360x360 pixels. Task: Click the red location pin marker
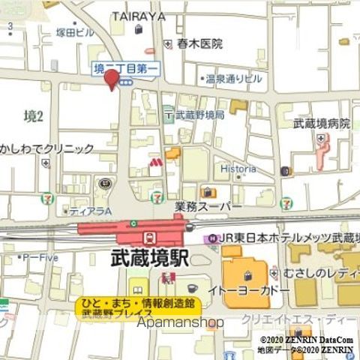(111, 78)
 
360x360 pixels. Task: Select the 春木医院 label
(200, 44)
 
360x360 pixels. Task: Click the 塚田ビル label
(75, 32)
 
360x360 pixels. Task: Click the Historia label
(238, 169)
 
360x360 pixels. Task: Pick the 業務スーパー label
(208, 206)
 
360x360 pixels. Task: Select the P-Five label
(41, 257)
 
